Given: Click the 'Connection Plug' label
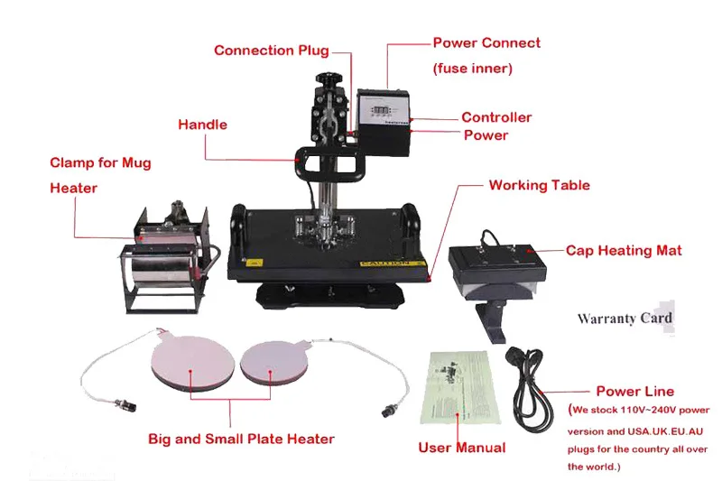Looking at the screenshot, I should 271,51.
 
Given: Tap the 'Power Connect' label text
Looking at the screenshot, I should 486,42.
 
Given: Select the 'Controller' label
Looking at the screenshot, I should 496,117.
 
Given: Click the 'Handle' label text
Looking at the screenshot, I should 202,125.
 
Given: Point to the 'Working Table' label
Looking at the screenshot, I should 539,185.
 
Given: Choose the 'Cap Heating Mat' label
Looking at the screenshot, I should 624,250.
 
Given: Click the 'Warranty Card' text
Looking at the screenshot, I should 625,319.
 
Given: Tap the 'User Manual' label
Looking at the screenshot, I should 462,448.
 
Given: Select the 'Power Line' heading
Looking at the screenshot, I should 634,392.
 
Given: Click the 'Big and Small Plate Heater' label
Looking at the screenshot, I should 241,439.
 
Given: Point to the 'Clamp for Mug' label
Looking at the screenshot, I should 100,163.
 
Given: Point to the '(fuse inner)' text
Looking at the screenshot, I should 473,69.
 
